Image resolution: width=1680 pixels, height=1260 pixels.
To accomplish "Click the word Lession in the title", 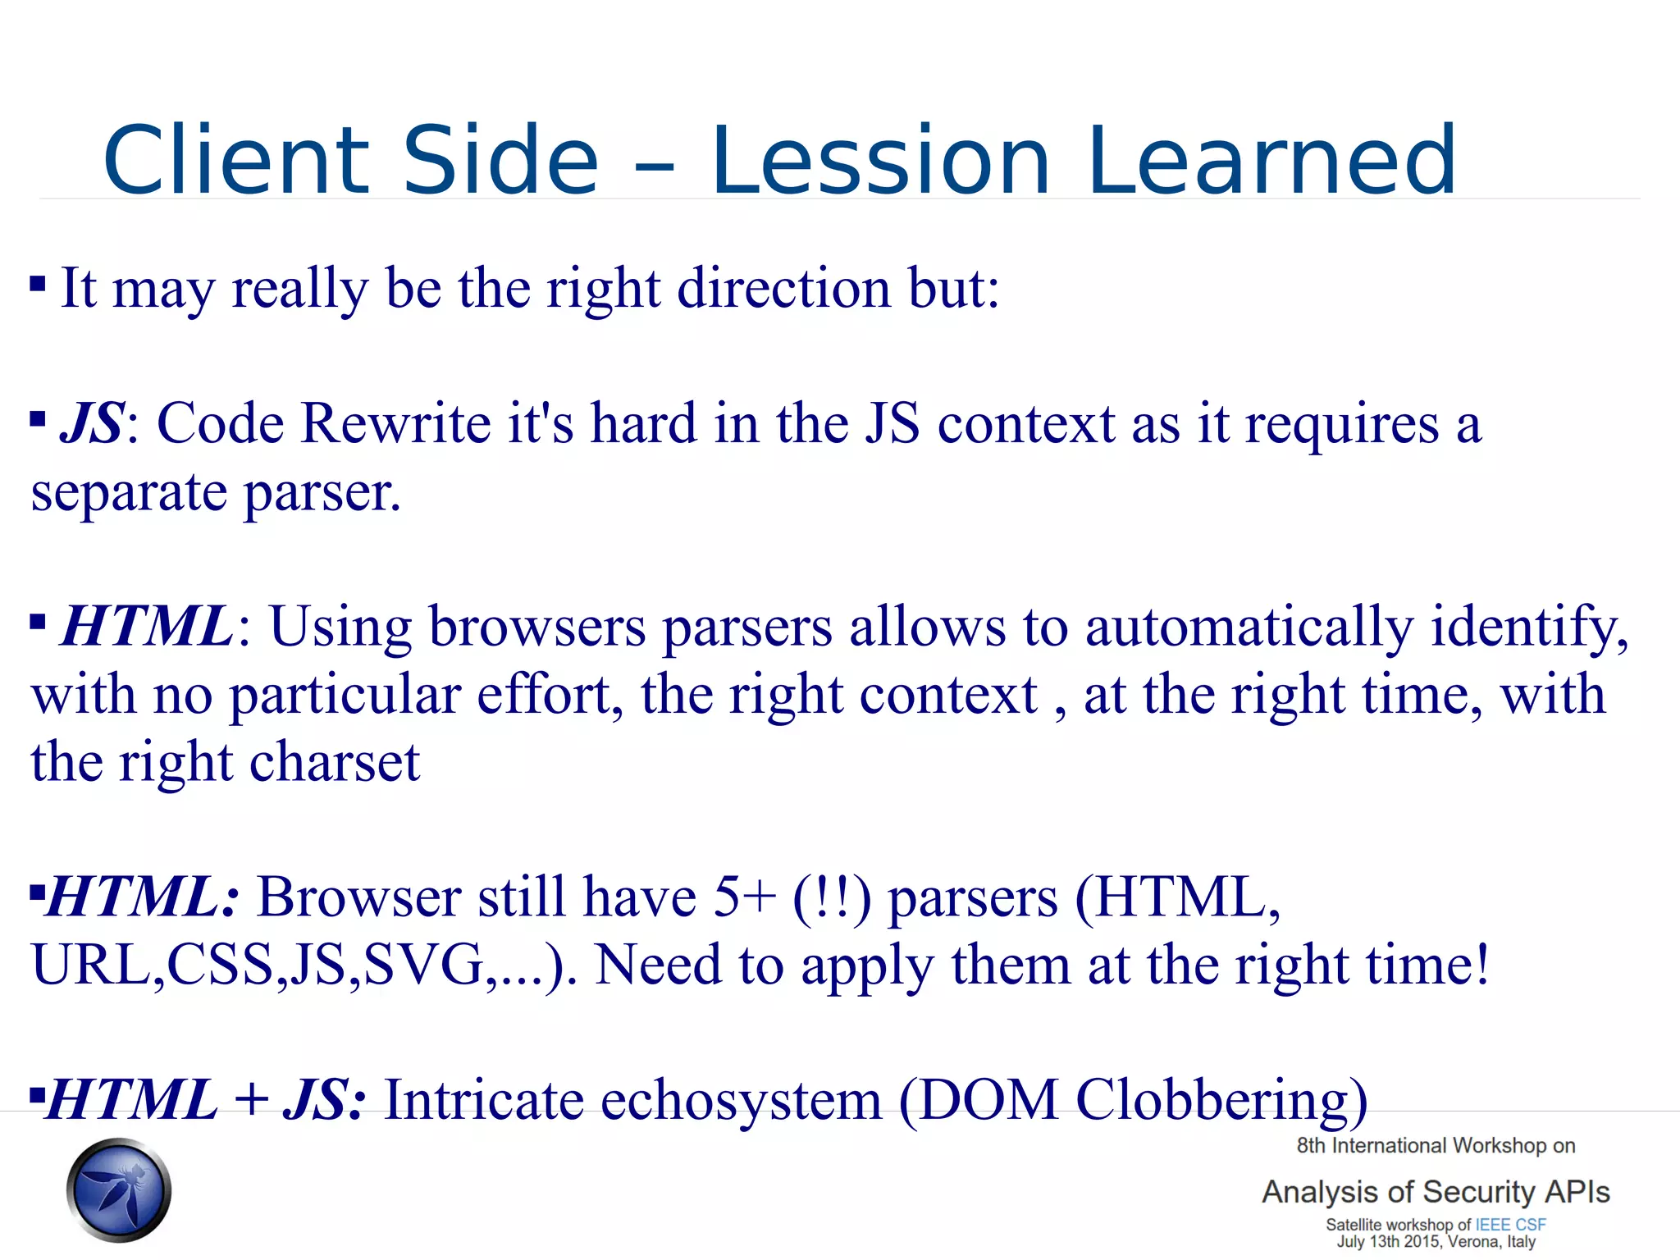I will click(880, 161).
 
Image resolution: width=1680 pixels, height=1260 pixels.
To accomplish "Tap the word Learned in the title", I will click(1272, 161).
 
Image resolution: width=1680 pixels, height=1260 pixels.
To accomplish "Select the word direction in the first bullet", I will click(783, 289).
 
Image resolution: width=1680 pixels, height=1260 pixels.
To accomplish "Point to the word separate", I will click(129, 494).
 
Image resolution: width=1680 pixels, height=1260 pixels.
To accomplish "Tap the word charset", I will click(335, 763).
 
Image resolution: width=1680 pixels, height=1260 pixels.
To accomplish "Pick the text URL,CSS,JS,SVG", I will click(257, 966).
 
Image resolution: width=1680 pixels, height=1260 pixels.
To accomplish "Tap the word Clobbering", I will click(1221, 1101).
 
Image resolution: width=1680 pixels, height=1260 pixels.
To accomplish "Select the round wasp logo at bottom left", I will click(119, 1190).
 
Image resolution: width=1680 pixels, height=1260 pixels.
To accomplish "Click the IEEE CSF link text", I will click(1510, 1225).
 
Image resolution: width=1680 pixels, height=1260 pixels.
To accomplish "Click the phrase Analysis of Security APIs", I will click(1436, 1192).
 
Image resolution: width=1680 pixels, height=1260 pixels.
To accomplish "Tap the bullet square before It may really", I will click(38, 285).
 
